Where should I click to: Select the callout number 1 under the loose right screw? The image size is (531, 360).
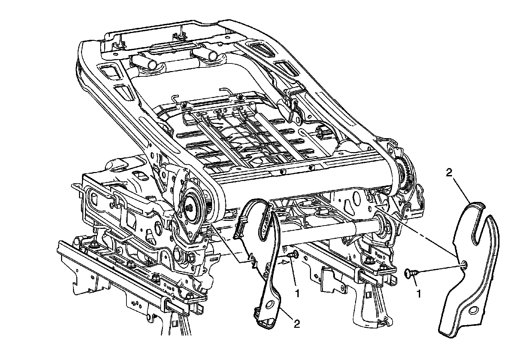coord(419,294)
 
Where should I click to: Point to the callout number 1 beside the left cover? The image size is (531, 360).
coord(298,294)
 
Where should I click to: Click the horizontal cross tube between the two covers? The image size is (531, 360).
coord(332,228)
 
